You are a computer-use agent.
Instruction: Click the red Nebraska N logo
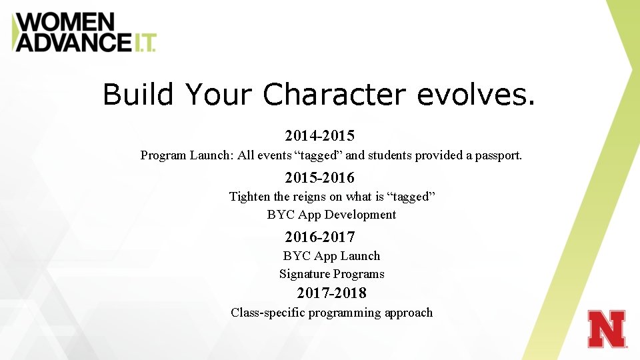pos(607,329)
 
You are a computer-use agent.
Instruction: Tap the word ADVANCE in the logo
pos(73,43)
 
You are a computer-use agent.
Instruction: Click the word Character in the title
pos(334,95)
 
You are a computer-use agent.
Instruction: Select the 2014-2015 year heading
pos(319,136)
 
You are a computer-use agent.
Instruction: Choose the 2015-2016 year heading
pos(319,178)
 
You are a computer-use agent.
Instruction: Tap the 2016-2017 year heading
pos(319,237)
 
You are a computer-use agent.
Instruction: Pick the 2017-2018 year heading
pos(331,293)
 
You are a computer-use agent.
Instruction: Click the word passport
pos(498,155)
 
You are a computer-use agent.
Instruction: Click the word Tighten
pos(250,197)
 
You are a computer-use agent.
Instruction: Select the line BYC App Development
pos(331,215)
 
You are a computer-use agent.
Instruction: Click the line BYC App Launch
pos(331,256)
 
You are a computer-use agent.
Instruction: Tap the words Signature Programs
pos(331,274)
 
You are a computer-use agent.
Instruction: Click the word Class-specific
pos(267,313)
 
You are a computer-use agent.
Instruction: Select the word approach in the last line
pos(408,313)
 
